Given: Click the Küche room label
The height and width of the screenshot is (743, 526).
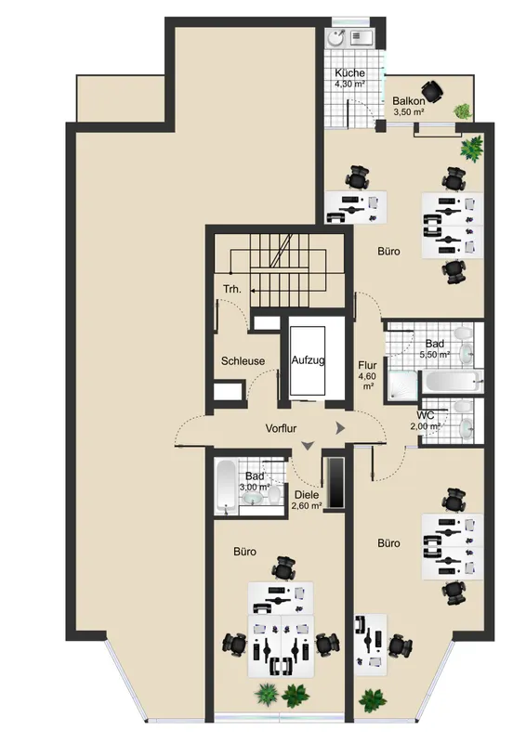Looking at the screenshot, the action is coord(349,73).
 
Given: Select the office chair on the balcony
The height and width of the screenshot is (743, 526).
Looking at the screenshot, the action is coord(432,91).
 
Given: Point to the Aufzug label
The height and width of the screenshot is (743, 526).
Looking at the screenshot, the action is coord(308,360).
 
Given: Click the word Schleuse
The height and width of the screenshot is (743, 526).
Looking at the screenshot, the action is coord(243,361).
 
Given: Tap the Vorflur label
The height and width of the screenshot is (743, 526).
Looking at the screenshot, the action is coord(281,428).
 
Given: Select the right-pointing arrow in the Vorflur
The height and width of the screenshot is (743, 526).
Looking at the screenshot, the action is coord(340,428).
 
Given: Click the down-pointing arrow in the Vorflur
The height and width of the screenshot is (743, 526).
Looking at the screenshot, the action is coord(308,446).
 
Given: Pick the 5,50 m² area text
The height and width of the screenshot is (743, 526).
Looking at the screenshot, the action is coord(435,354).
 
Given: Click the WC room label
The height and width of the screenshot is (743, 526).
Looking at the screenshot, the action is coord(426,416).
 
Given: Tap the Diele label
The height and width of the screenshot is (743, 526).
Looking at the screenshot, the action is coord(307,495).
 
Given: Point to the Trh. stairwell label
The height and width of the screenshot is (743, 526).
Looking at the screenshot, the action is coord(232,289).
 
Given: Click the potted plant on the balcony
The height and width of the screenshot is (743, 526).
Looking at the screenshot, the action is coord(463,111).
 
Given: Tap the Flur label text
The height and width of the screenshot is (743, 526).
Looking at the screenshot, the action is coord(367,365).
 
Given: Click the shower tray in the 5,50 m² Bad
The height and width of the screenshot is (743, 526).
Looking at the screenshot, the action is coord(402,386).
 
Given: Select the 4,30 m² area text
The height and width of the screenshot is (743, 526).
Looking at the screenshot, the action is coord(349,85).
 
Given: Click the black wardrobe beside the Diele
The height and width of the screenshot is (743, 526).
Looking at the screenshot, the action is coord(335,483).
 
